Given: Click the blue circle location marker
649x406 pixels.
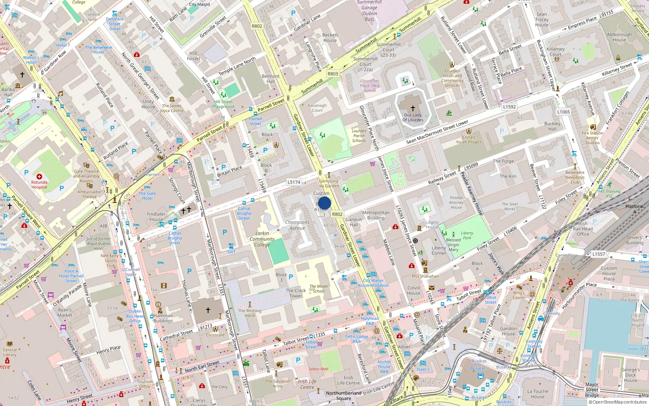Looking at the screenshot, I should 324,203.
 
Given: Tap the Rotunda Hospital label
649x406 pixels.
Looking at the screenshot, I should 39,185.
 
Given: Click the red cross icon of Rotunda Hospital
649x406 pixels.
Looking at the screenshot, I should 39,177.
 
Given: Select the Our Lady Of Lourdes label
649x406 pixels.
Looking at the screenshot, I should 413,117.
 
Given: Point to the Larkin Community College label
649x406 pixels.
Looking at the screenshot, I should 262,239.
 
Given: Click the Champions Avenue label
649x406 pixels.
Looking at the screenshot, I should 297,225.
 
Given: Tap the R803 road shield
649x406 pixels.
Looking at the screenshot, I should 333,73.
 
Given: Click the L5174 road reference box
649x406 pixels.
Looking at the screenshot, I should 294,182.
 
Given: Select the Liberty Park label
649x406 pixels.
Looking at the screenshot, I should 467,235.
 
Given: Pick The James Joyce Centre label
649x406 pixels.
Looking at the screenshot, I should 172,108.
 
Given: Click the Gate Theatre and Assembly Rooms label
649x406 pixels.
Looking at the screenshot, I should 86,176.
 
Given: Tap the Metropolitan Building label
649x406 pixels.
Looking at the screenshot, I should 376,215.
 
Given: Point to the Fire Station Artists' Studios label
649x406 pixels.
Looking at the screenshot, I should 592,138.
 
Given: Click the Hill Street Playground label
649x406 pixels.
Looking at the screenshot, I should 223,104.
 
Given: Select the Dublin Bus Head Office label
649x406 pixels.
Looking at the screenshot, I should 135,316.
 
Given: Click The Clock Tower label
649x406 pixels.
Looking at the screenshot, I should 296,293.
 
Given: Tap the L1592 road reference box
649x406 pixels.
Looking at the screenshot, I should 509,107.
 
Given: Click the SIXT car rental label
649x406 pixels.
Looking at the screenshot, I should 231,252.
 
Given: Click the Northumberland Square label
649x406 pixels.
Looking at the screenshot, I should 344,395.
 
